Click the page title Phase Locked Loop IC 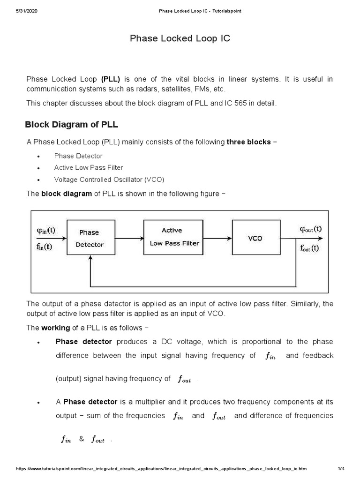pyautogui.click(x=180, y=38)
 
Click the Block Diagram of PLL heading pyautogui.click(x=71, y=125)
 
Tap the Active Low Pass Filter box pyautogui.click(x=174, y=237)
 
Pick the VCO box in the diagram pyautogui.click(x=255, y=238)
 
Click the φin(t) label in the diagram pyautogui.click(x=45, y=230)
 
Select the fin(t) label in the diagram pyautogui.click(x=44, y=247)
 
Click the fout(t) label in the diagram pyautogui.click(x=309, y=248)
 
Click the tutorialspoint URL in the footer pyautogui.click(x=161, y=469)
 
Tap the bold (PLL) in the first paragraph pyautogui.click(x=111, y=79)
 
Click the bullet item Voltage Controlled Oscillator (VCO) pyautogui.click(x=109, y=180)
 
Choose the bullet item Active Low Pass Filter pyautogui.click(x=89, y=167)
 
